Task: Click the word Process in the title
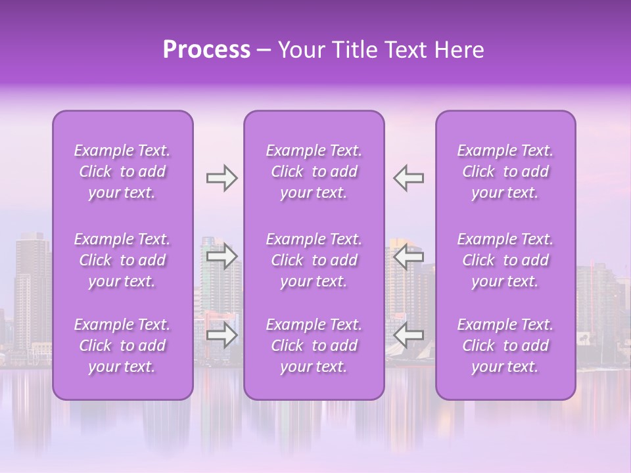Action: (x=206, y=50)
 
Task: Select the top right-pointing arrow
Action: (x=222, y=178)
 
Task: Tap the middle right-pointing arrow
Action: (x=222, y=256)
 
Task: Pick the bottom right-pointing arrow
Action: (x=222, y=336)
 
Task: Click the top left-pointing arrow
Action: (x=408, y=178)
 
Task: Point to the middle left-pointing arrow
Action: (x=408, y=256)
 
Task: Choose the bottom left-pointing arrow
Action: (x=408, y=336)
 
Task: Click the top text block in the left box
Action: (x=122, y=171)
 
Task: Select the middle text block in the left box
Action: (x=122, y=260)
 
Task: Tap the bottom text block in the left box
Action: (x=122, y=346)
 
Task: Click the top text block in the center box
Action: (x=314, y=171)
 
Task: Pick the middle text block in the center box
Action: (x=314, y=260)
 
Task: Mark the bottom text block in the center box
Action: (x=314, y=346)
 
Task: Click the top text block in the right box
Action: (x=505, y=171)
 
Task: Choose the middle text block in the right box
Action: (x=505, y=260)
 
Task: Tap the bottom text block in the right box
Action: (x=505, y=346)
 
